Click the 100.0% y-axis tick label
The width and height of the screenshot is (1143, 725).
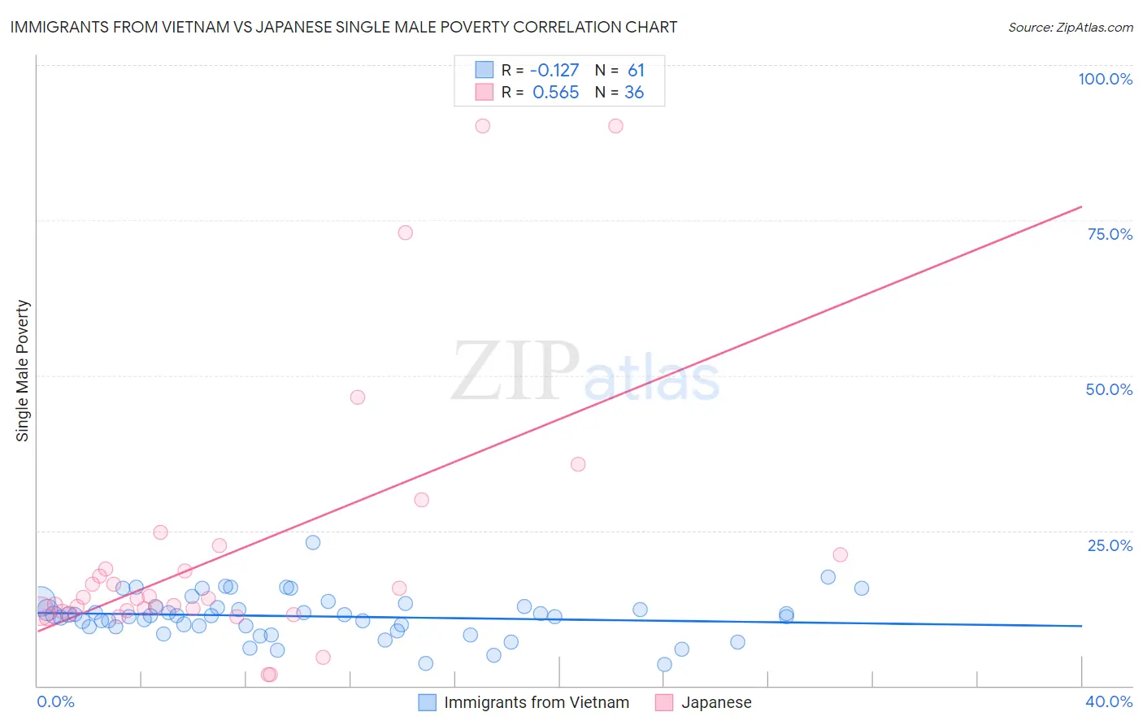tap(1105, 79)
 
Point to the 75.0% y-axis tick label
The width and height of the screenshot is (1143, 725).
tap(1110, 234)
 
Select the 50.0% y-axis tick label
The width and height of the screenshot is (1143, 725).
tap(1109, 389)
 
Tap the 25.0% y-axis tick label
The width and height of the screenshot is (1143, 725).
tap(1110, 545)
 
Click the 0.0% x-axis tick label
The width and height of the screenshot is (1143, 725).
tap(55, 701)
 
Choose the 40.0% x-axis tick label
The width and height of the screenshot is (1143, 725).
tap(1109, 701)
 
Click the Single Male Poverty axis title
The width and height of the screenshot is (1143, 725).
tap(23, 371)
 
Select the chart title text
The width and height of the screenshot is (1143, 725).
tap(343, 27)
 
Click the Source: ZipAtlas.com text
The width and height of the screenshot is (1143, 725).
tap(1070, 28)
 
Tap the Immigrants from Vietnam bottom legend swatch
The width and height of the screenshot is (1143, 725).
tap(428, 702)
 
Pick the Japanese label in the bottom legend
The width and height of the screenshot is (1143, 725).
tap(715, 702)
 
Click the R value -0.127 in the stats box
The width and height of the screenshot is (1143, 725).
tap(554, 71)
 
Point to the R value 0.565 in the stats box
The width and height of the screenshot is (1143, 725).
tap(556, 93)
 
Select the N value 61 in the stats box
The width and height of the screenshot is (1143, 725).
tap(636, 71)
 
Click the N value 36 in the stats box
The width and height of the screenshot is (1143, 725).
tap(634, 93)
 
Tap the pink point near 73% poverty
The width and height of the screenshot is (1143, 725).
tap(406, 232)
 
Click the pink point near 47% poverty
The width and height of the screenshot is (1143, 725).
tap(358, 397)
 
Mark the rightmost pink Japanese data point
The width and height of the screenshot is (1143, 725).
tap(841, 554)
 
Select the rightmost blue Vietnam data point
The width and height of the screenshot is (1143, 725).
tap(862, 588)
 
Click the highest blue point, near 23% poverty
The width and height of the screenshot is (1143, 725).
tap(313, 542)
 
